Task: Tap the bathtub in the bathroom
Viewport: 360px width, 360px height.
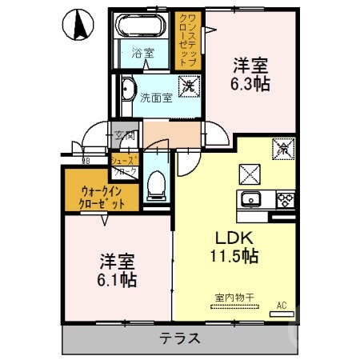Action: pos(142,28)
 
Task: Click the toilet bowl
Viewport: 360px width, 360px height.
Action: pos(156,184)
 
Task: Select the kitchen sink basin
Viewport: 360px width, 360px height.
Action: pos(251,199)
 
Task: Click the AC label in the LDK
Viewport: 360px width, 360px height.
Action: pos(281,305)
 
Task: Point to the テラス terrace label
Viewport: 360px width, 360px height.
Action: pos(178,338)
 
